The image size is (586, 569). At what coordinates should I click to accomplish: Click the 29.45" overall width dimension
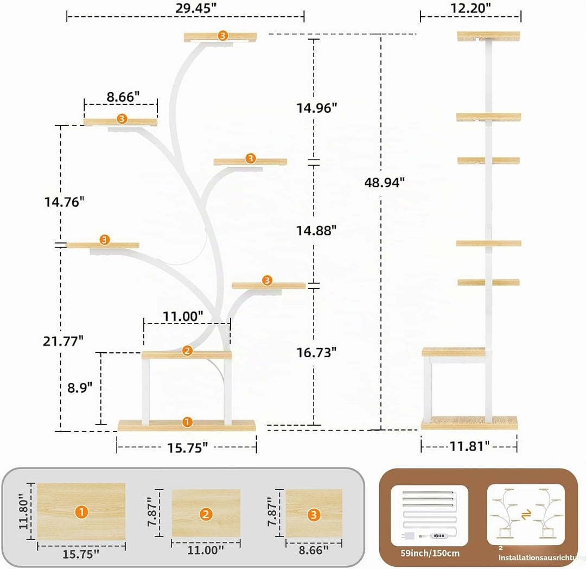[196, 8]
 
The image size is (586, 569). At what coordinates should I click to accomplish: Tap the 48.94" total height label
[385, 182]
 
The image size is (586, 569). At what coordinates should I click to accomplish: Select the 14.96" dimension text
[316, 108]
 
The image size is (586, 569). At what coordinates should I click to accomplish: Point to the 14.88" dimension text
[316, 230]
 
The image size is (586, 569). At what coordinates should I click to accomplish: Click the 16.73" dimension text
[316, 352]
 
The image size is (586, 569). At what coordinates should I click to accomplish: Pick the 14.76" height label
[64, 202]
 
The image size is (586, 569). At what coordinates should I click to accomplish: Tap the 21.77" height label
[63, 341]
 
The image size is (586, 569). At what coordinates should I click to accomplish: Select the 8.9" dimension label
[80, 387]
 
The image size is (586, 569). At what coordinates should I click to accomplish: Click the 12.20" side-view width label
[470, 8]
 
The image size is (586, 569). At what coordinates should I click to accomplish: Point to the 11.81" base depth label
[469, 446]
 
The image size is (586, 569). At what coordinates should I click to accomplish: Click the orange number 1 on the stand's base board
[187, 422]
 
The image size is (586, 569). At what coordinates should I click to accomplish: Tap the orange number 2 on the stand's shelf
[187, 351]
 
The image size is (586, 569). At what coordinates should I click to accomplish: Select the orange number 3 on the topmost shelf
[223, 35]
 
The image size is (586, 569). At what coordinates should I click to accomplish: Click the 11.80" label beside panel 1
[23, 511]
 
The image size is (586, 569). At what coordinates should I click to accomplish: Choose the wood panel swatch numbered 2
[206, 513]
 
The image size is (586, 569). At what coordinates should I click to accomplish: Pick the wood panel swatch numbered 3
[314, 513]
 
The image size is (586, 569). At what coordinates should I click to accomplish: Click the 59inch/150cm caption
[430, 553]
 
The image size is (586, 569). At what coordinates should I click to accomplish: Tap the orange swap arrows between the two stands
[526, 515]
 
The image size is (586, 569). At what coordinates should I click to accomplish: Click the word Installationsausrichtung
[542, 558]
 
